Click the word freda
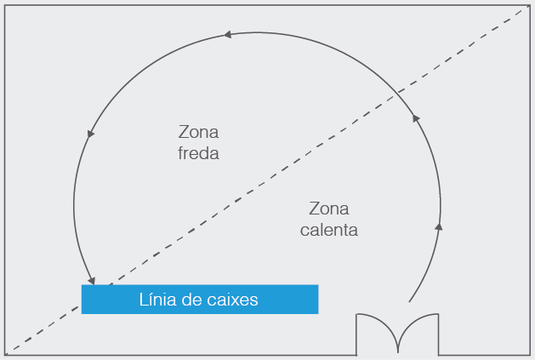click(198, 153)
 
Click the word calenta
click(329, 230)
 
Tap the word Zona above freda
click(198, 132)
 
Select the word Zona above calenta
click(329, 209)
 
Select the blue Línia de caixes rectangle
click(200, 300)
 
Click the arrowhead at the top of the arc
click(228, 35)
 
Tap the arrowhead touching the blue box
click(91, 281)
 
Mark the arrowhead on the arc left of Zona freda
click(90, 134)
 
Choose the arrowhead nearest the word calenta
click(439, 226)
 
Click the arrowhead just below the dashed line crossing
click(416, 118)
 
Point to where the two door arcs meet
click(398, 352)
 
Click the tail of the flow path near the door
click(409, 302)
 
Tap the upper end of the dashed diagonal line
click(523, 10)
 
